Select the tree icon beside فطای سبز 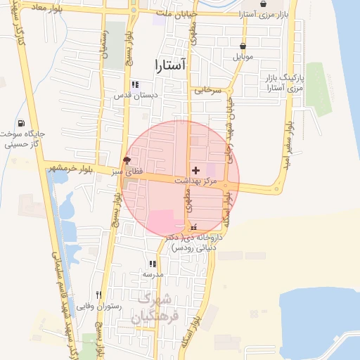pyautogui.click(x=127, y=160)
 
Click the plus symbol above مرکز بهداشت pyautogui.click(x=195, y=170)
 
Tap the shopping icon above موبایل pyautogui.click(x=243, y=46)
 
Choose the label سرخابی pyautogui.click(x=208, y=90)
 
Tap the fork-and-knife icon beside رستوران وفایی pyautogui.click(x=99, y=295)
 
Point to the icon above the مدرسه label pyautogui.click(x=153, y=264)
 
